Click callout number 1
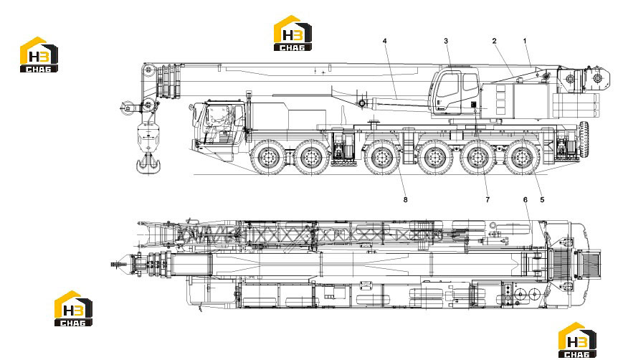coord(525,41)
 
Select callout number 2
coord(494,41)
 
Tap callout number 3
coord(446,41)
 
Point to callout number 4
coord(384,41)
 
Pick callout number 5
coord(542,200)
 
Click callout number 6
coord(525,200)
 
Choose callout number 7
coord(488,200)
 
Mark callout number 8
coord(405,200)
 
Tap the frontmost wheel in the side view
coord(268,158)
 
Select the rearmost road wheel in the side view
coord(521,158)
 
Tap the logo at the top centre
coord(293,34)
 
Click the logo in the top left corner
coord(39,55)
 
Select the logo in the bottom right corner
coord(577,340)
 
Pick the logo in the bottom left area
coord(73,309)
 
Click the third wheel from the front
coord(381,158)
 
